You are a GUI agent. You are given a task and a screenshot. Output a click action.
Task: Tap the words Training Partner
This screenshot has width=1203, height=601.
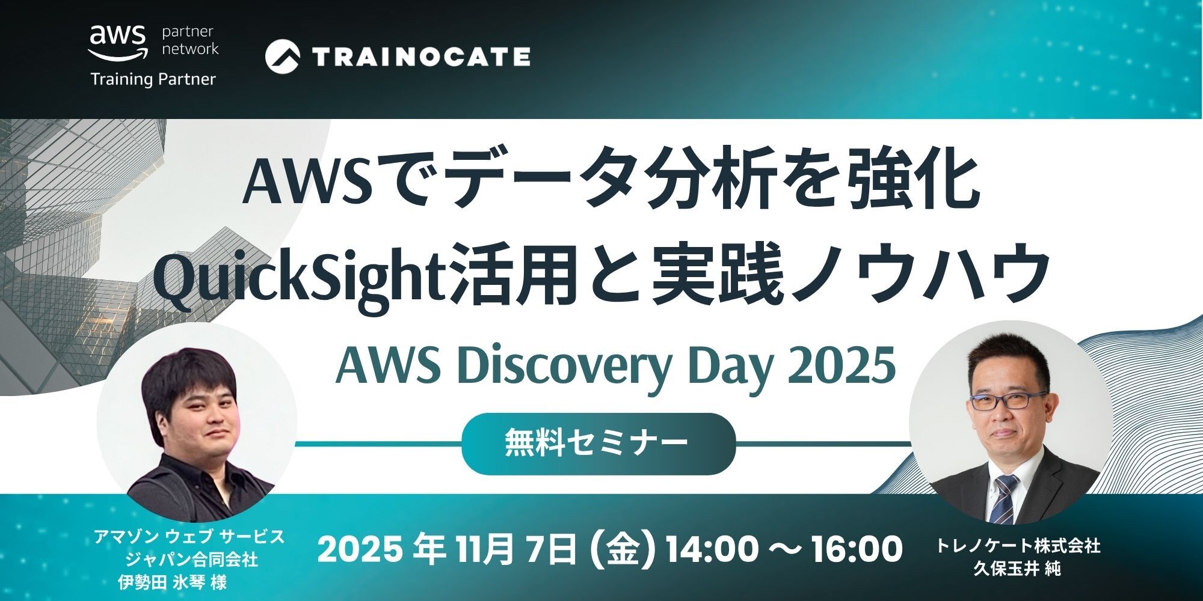tap(153, 79)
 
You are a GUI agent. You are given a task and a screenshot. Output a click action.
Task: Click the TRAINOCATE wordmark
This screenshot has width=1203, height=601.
tap(422, 56)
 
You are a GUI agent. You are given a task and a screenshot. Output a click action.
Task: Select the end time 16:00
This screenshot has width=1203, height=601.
tap(854, 549)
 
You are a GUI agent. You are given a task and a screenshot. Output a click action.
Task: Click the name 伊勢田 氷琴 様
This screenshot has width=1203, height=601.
tap(174, 582)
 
